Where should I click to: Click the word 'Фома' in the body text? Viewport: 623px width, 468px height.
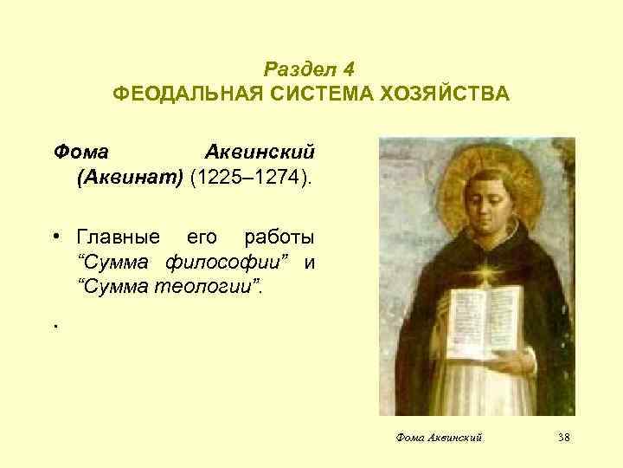80,152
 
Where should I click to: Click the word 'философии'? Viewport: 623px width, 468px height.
211,261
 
